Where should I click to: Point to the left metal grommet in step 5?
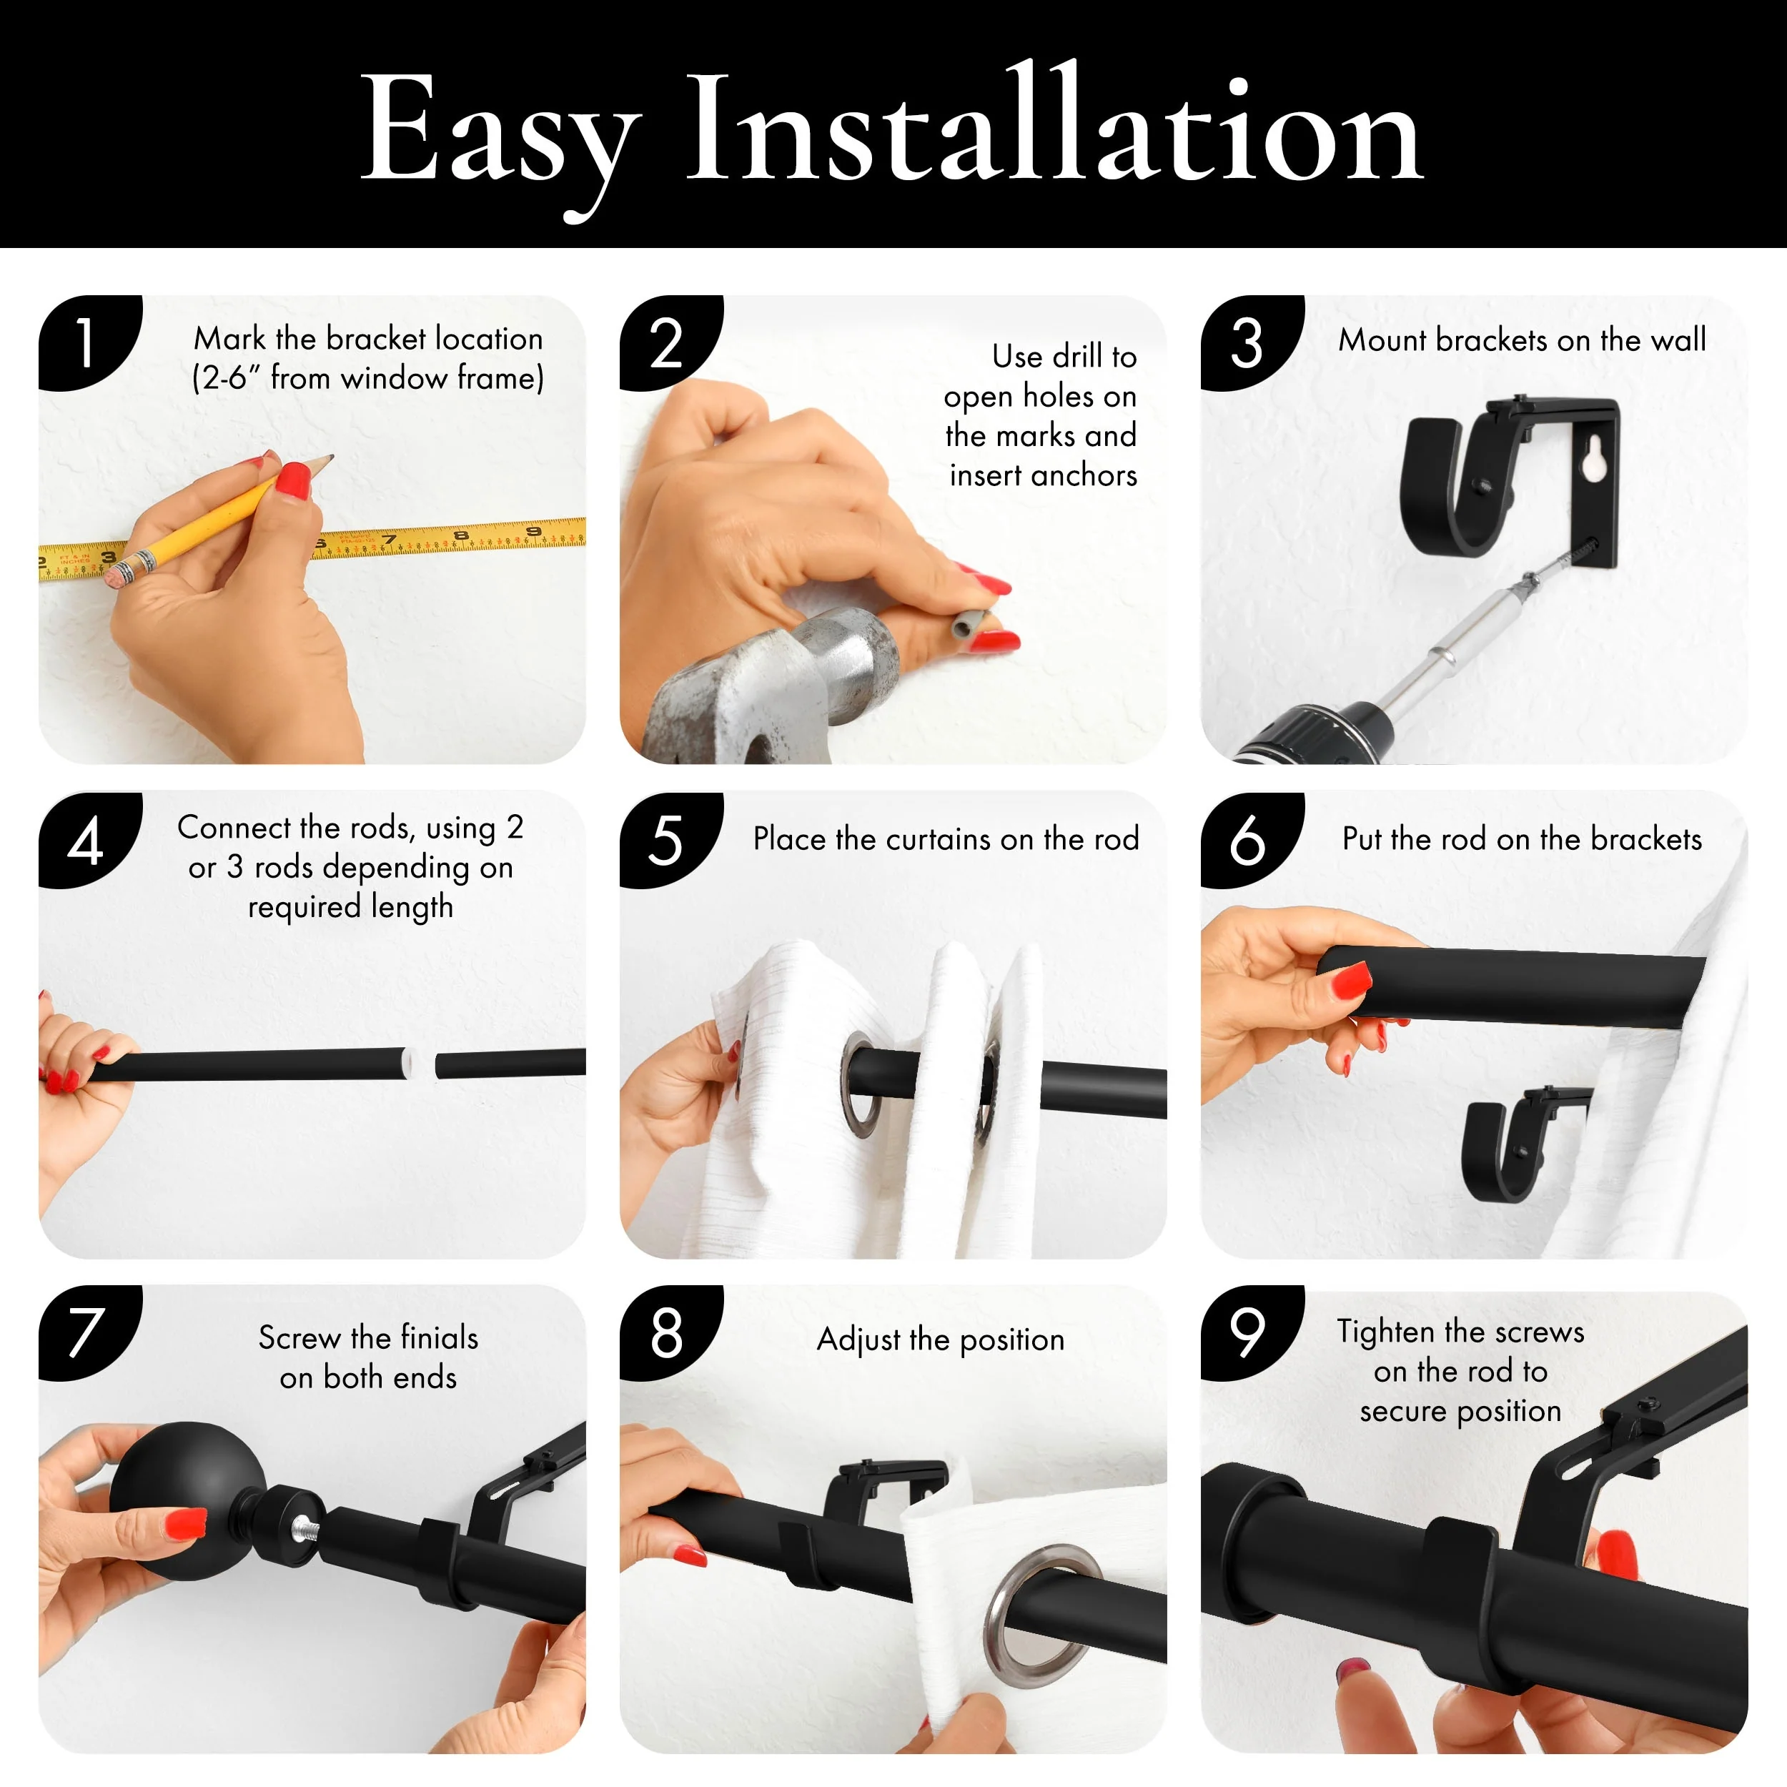point(861,1083)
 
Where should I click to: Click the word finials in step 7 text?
point(440,1337)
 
